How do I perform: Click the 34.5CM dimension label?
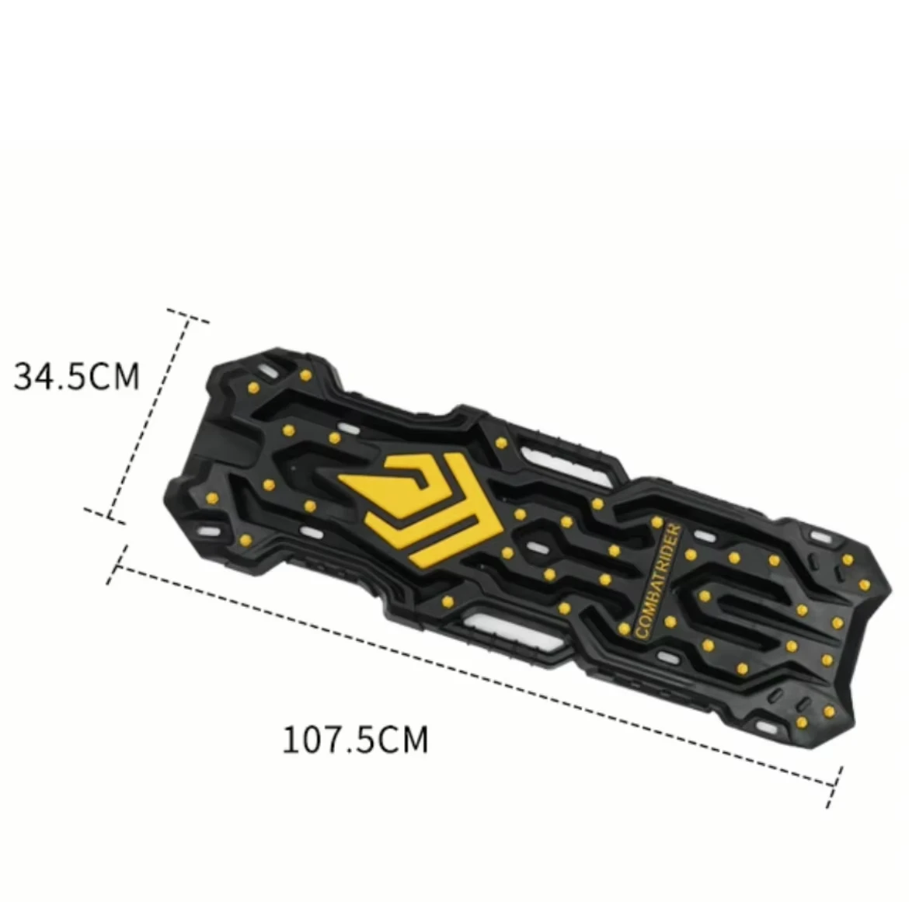point(77,375)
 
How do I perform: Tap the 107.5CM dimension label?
point(354,739)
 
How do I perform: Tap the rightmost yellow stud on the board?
point(863,585)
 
